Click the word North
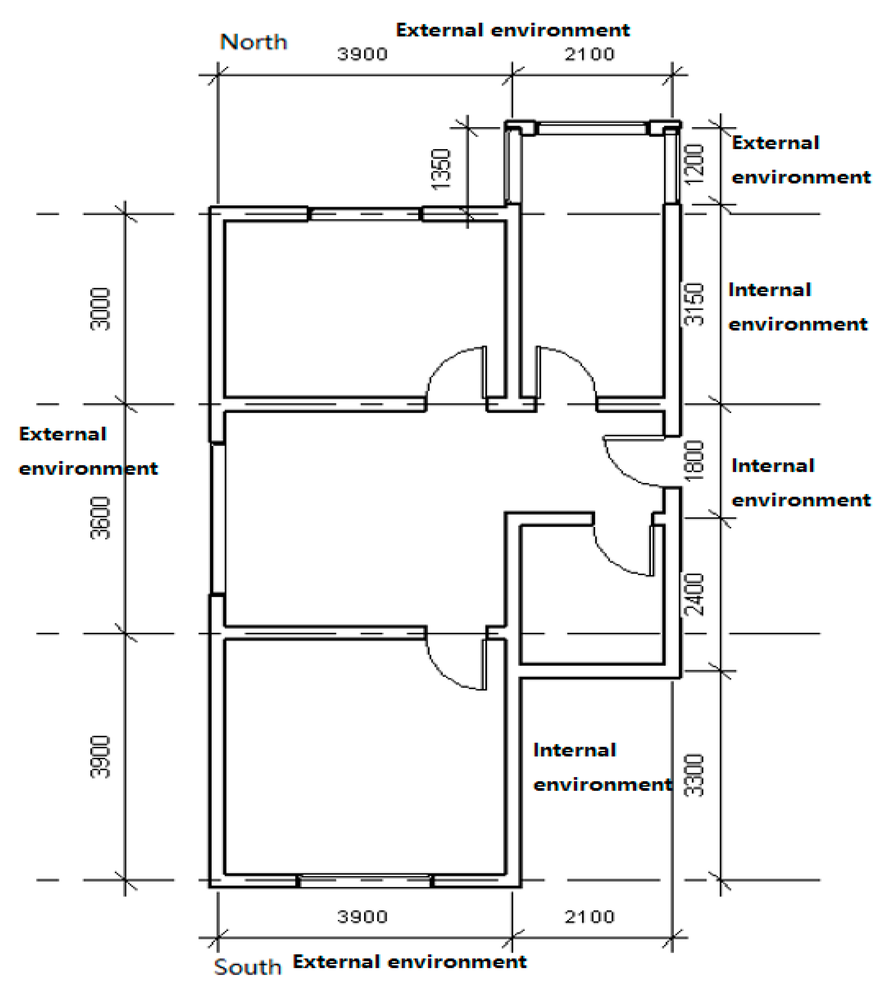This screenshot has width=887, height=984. click(x=254, y=42)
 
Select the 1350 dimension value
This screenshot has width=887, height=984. click(x=441, y=169)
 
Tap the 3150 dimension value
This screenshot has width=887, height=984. click(x=694, y=305)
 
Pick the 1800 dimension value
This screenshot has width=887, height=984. click(x=694, y=461)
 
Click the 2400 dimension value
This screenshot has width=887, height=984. click(x=694, y=595)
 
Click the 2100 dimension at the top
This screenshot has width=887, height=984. click(x=590, y=54)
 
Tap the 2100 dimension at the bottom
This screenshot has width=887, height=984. click(x=590, y=917)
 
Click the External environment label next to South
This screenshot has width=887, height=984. click(x=409, y=962)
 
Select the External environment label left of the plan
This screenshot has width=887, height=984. click(x=88, y=451)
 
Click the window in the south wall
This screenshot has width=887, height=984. click(x=366, y=881)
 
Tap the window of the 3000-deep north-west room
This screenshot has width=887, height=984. click(x=365, y=214)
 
